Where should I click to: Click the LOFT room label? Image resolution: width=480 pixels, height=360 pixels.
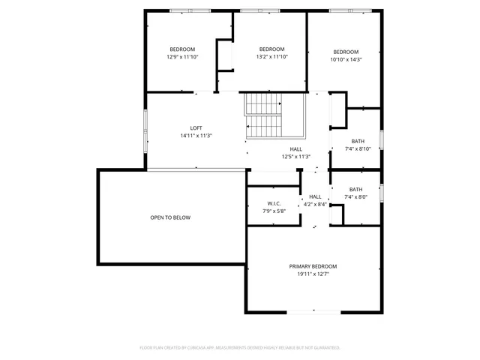[x=196, y=127]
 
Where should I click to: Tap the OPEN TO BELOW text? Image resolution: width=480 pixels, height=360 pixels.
[x=170, y=217]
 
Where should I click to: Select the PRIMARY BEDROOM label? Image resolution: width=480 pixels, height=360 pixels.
[x=313, y=266]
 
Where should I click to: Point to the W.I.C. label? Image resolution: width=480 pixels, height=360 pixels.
[x=274, y=203]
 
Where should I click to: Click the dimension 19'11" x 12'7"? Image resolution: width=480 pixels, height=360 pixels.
[x=313, y=274]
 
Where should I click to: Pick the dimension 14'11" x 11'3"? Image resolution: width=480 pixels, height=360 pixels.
[x=196, y=136]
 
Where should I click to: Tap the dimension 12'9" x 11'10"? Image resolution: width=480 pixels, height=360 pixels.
[x=181, y=56]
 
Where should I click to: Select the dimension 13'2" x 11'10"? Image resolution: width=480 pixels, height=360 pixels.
[x=271, y=56]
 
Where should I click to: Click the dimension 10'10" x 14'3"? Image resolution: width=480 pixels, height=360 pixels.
[x=346, y=59]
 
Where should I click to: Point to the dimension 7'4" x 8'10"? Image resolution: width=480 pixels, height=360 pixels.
[x=358, y=148]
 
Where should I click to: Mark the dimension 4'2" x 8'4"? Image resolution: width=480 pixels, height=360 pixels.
[x=315, y=204]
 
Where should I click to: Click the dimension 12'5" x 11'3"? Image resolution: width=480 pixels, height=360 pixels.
[x=295, y=157]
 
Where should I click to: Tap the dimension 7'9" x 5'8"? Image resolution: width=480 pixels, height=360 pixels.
[x=274, y=211]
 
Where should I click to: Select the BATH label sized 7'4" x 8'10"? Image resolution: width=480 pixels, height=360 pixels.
[x=358, y=141]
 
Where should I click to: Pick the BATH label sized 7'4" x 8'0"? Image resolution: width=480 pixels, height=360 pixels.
[x=355, y=189]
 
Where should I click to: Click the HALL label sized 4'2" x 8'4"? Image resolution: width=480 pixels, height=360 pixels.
[x=315, y=196]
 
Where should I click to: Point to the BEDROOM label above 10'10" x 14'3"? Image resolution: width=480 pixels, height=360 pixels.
[x=346, y=52]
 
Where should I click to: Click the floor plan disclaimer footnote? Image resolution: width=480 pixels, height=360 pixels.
[x=240, y=348]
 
